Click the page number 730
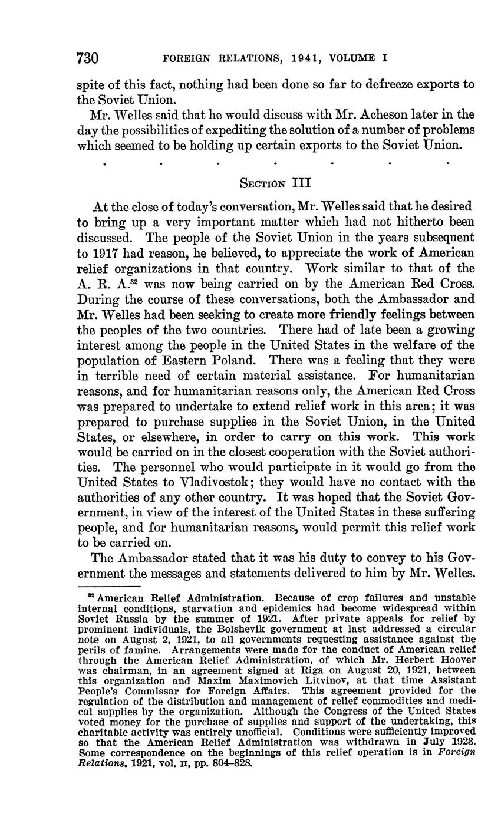(x=87, y=58)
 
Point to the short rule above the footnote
(x=108, y=587)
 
